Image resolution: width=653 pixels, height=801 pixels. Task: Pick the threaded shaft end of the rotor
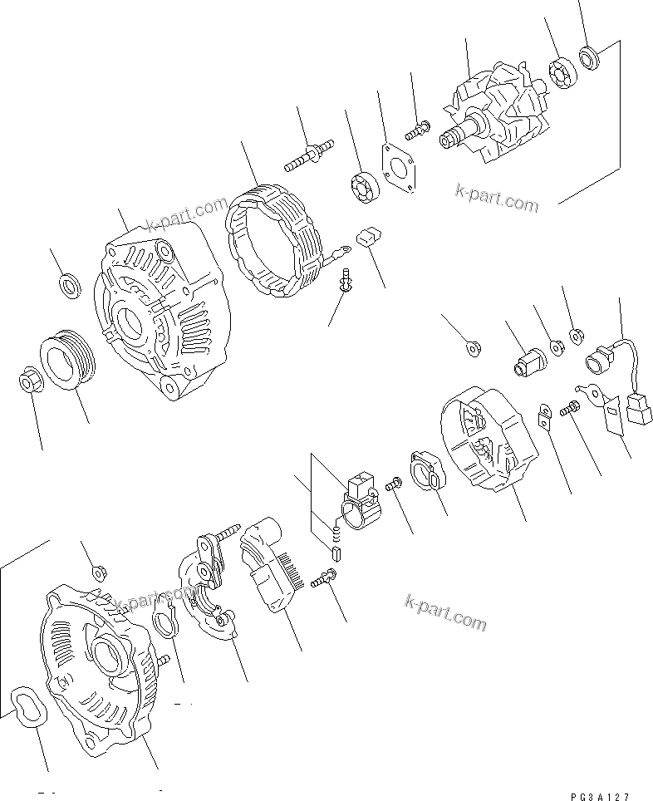pyautogui.click(x=453, y=136)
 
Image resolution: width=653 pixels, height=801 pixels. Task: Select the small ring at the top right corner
pyautogui.click(x=592, y=58)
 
